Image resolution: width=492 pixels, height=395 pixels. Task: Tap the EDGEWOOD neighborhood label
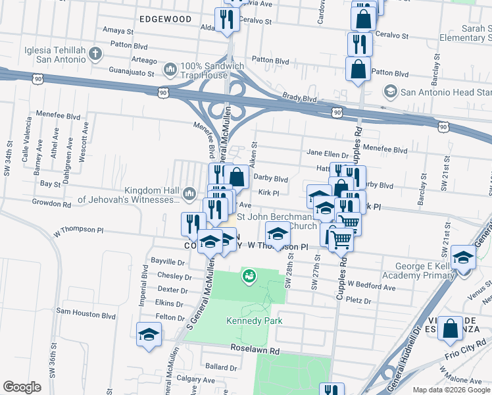166,19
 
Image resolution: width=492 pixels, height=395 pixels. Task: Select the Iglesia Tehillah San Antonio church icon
95,53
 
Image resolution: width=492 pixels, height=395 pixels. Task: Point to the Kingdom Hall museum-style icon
189,192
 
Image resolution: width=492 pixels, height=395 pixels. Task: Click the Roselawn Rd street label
255,350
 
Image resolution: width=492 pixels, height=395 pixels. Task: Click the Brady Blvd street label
300,98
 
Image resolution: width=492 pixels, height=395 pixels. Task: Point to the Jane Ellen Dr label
331,153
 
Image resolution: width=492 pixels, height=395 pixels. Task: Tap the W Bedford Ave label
372,286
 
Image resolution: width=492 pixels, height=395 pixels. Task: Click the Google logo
22,387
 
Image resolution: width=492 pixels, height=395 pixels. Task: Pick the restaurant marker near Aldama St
227,20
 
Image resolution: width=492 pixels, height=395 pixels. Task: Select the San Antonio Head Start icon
391,91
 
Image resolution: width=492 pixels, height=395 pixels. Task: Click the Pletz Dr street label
358,301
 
